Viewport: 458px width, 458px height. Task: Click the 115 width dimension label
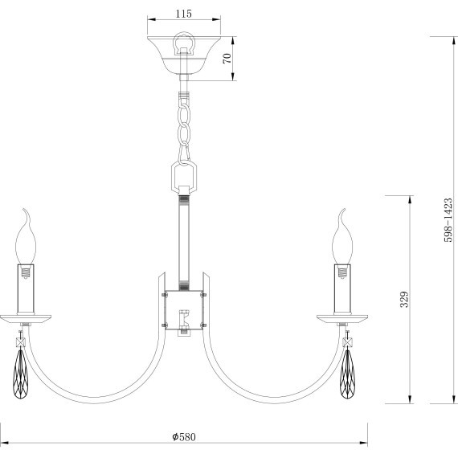184,14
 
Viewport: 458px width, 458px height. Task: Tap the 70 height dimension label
227,59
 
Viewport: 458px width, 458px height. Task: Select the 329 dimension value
404,299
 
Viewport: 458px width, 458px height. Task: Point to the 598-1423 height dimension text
448,220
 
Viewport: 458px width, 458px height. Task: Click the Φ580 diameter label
184,437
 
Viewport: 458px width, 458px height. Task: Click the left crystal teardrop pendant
20,374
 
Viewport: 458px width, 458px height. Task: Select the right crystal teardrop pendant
348,374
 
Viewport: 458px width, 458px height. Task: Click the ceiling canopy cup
184,55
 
